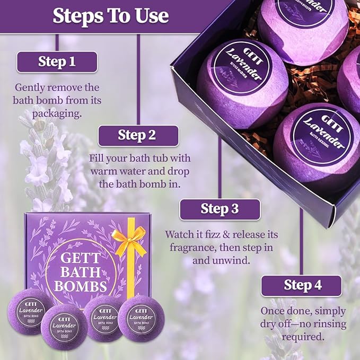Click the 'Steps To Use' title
tap(110, 15)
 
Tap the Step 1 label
tap(57, 62)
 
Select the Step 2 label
tap(137, 135)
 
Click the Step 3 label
tap(219, 209)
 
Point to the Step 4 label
tap(302, 285)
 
